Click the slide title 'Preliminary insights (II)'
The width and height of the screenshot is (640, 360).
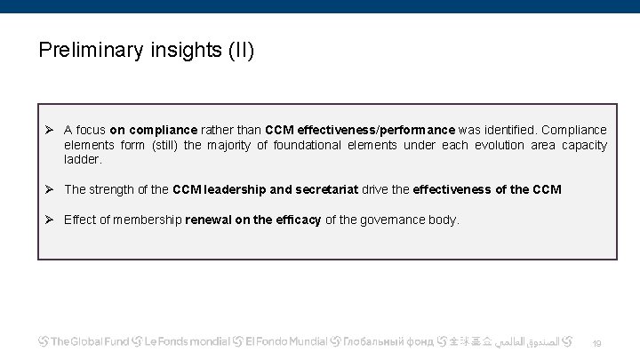click(147, 50)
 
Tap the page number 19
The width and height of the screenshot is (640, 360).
click(596, 343)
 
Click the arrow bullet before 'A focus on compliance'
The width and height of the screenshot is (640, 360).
click(51, 130)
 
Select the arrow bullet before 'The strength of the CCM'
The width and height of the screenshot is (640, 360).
click(51, 189)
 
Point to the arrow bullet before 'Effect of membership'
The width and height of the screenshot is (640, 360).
click(51, 220)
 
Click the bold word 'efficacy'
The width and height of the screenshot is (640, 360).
click(298, 220)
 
